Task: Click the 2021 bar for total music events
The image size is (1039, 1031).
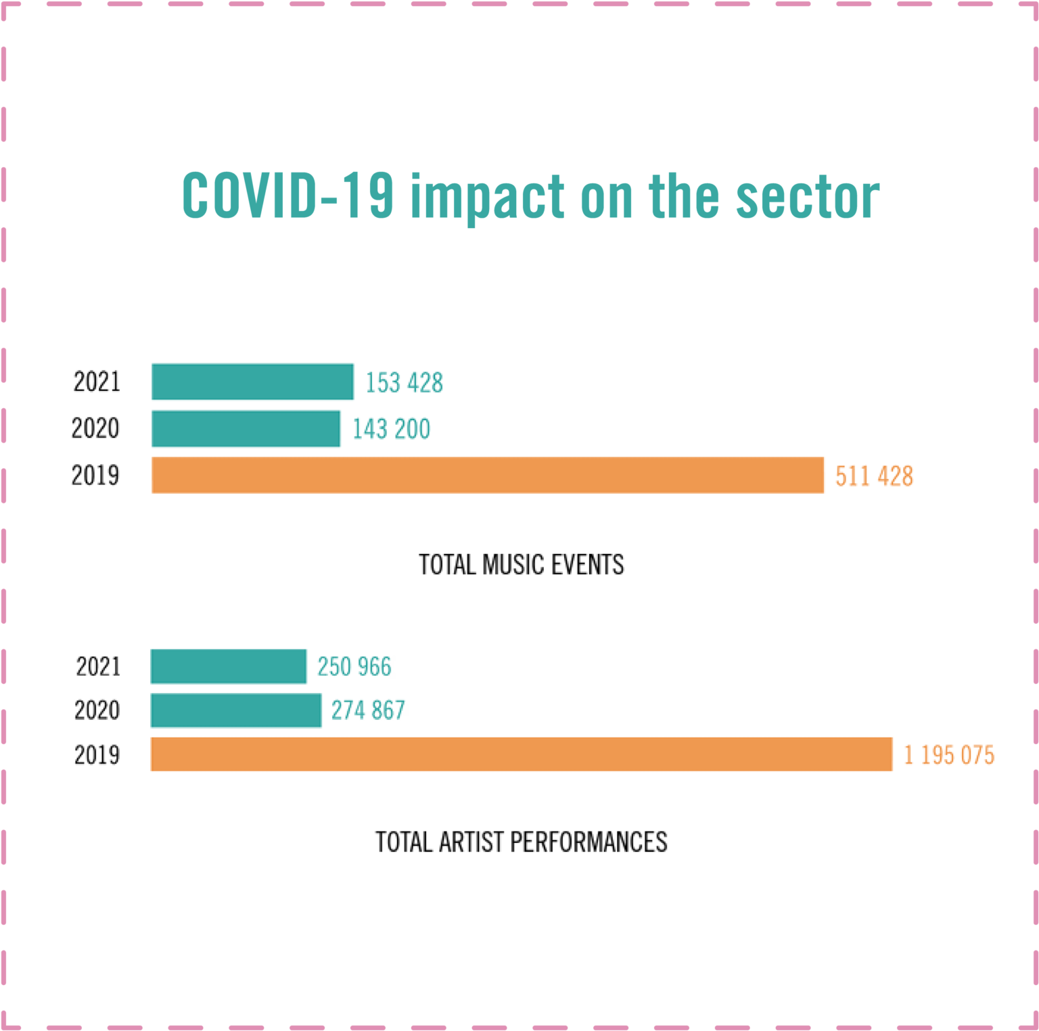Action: pos(252,382)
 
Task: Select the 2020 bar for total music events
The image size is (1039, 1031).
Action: pos(246,428)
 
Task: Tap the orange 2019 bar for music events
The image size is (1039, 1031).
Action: pos(487,475)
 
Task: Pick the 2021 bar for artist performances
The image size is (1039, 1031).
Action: pos(229,666)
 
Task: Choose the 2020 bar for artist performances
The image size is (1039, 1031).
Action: pos(235,710)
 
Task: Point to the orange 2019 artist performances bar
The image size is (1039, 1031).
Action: pos(521,754)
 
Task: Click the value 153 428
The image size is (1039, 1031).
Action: pos(404,383)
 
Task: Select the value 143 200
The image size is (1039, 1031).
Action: pos(391,429)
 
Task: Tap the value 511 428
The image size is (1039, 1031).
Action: pos(874,476)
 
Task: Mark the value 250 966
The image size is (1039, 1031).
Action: pos(354,667)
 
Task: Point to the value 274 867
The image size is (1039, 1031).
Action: pos(368,710)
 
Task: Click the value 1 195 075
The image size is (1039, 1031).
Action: pos(949,755)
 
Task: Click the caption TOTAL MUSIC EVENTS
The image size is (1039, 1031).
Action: pos(521,565)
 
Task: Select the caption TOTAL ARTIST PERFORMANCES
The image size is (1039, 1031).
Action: pos(521,842)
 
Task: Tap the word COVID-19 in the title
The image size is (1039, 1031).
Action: pos(287,196)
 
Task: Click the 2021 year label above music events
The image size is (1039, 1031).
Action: pos(97,382)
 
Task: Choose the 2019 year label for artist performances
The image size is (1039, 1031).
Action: pos(97,755)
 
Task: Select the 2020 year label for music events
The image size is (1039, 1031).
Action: pos(95,429)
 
